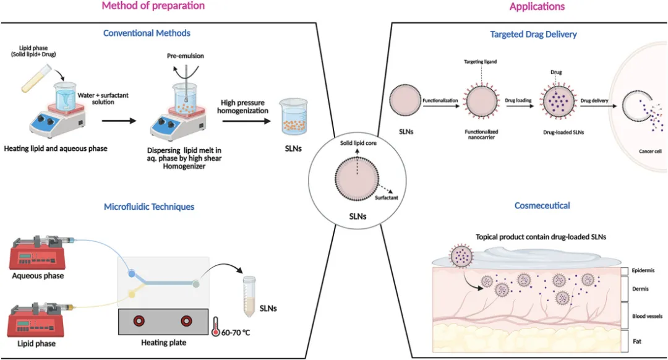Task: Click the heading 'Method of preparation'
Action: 153,6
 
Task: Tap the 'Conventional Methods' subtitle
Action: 147,33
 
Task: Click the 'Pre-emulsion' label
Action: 185,56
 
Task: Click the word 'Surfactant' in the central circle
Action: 387,197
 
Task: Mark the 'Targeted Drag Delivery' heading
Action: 533,35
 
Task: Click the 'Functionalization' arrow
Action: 440,103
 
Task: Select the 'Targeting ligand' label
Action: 480,62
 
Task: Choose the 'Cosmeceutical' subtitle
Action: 542,205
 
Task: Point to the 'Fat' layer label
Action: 636,341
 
